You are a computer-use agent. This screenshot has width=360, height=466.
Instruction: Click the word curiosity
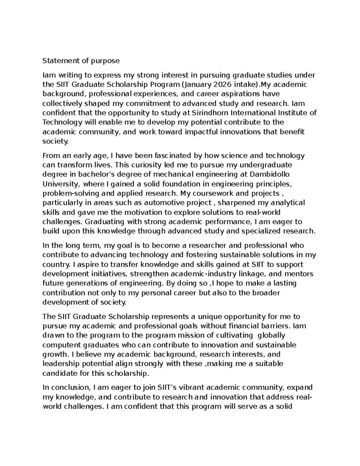(x=144, y=165)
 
